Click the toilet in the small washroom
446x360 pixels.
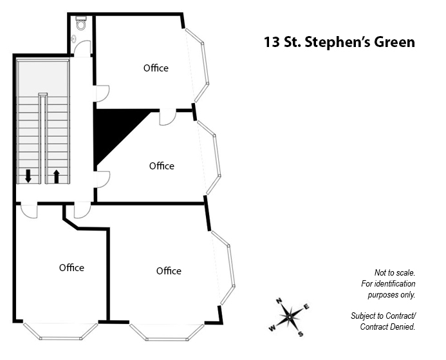click(x=81, y=23)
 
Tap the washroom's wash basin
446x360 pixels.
click(x=74, y=38)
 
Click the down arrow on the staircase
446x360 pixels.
click(x=28, y=176)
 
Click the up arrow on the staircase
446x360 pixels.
click(x=57, y=176)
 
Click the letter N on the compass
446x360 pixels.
click(x=279, y=301)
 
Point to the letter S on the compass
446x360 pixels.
click(x=301, y=334)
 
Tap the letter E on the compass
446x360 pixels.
click(x=306, y=307)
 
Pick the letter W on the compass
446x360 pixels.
click(x=272, y=328)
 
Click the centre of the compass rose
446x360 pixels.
click(x=289, y=317)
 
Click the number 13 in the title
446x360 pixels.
click(x=271, y=42)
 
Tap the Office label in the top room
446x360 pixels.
click(x=156, y=68)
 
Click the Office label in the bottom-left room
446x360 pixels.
click(x=71, y=267)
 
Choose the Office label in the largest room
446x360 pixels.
click(x=169, y=270)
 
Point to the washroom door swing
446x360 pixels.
click(x=82, y=48)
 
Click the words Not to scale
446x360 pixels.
click(x=395, y=272)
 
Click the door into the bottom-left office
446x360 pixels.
click(x=30, y=211)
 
